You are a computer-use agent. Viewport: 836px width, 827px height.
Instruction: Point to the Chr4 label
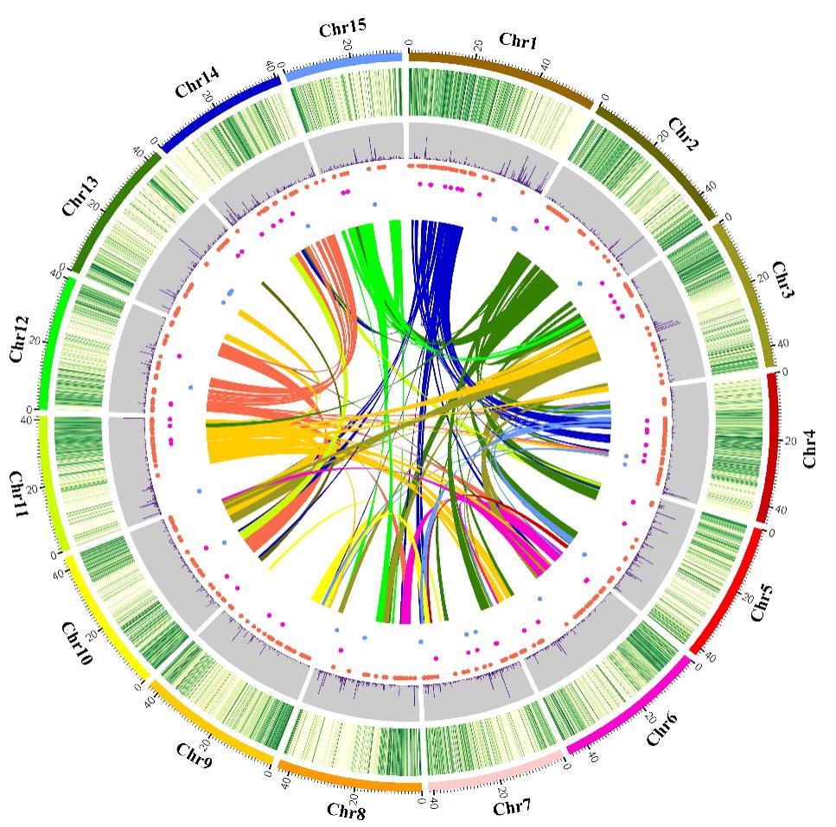(809, 452)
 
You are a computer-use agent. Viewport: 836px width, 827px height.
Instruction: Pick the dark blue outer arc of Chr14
(220, 107)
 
